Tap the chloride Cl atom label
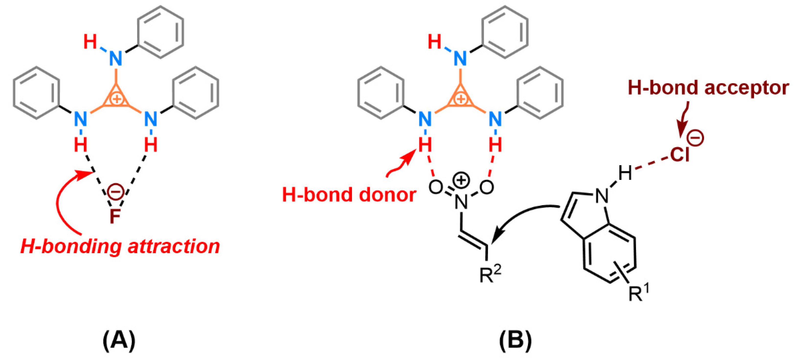[x=680, y=154]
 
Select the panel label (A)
[x=119, y=340]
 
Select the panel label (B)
[x=516, y=340]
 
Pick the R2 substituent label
[x=490, y=274]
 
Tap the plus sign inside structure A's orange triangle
[x=117, y=99]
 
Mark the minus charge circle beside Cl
[x=696, y=138]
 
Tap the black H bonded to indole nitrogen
[x=625, y=173]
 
